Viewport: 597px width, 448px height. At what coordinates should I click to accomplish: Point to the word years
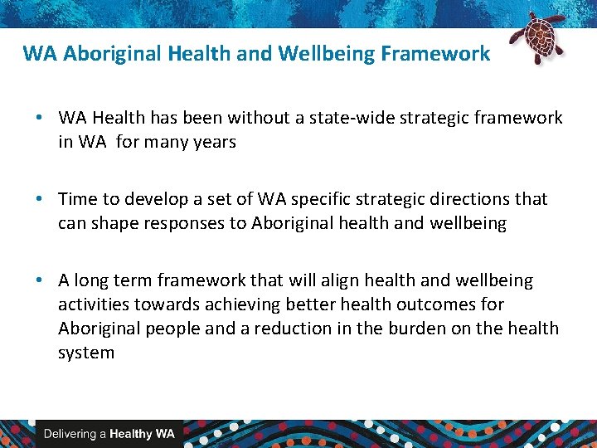click(214, 142)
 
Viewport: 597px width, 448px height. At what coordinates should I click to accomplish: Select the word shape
click(119, 223)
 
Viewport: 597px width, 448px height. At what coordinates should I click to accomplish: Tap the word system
click(86, 353)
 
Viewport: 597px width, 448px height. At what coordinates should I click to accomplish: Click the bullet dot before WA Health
click(40, 118)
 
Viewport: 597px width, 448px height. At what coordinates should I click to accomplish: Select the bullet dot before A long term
click(40, 280)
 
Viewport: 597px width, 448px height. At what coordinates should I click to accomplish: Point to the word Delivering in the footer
click(70, 434)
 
